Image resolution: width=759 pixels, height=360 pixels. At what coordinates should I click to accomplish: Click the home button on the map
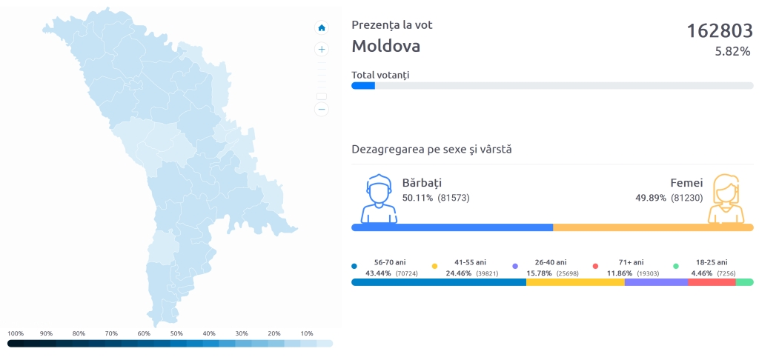[x=322, y=28]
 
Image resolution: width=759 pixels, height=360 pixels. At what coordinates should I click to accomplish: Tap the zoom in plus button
[x=322, y=50]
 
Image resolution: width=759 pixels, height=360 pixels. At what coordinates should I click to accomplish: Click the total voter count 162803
[x=718, y=30]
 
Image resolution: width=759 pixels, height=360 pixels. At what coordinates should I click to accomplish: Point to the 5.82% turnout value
[x=732, y=52]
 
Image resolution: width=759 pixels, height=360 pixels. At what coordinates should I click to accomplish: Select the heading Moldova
[x=385, y=46]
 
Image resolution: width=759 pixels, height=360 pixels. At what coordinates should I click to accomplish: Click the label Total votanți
[x=380, y=75]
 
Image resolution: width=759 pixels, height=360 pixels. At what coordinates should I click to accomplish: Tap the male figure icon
[x=379, y=199]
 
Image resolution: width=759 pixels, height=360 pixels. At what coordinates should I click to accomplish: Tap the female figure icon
[x=726, y=199]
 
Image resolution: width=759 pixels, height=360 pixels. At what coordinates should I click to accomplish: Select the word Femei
[x=686, y=182]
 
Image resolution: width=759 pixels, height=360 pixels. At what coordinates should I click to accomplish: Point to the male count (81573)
[x=454, y=198]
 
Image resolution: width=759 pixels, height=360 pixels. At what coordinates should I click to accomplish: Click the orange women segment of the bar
[x=653, y=227]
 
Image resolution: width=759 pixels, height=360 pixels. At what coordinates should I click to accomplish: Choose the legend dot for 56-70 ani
[x=354, y=265]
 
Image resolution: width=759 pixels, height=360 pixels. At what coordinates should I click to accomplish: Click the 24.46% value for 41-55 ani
[x=458, y=273]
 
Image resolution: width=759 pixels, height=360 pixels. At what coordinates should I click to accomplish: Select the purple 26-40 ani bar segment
[x=656, y=282]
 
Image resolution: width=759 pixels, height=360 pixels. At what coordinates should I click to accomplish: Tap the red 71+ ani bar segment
[x=711, y=282]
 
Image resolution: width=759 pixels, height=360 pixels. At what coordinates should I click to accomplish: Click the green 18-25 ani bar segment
[x=744, y=282]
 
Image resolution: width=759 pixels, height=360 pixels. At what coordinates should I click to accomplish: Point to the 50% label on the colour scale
[x=176, y=333]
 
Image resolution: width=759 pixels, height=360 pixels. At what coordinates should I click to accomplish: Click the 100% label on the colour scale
[x=16, y=333]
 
